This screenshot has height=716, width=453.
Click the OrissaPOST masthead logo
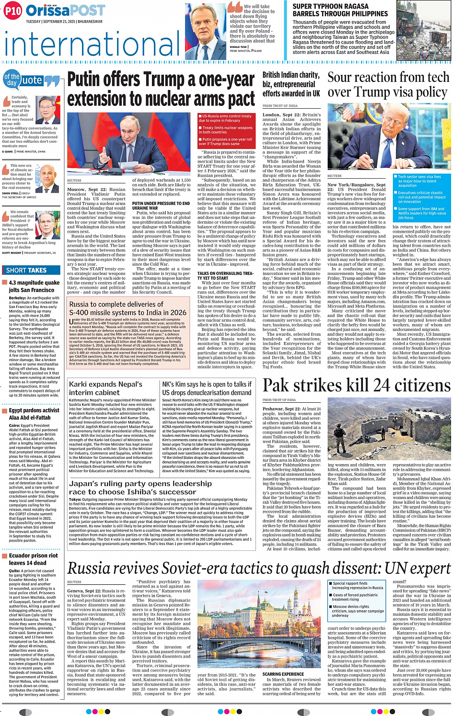coord(65,11)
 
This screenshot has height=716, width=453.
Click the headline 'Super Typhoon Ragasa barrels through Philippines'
coord(340,10)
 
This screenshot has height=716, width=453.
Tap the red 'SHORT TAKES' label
coord(26,271)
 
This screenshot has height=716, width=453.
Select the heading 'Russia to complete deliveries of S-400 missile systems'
coord(128,308)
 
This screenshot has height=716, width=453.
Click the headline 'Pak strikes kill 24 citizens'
coord(356,386)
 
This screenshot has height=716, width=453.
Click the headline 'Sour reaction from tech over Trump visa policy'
coord(388,84)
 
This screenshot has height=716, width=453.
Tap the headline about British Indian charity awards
coord(291,84)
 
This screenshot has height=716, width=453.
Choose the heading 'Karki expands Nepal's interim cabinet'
coord(105,388)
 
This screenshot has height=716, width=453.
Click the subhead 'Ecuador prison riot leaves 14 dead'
coord(33,559)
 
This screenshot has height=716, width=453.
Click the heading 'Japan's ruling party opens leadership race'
coord(140,488)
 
